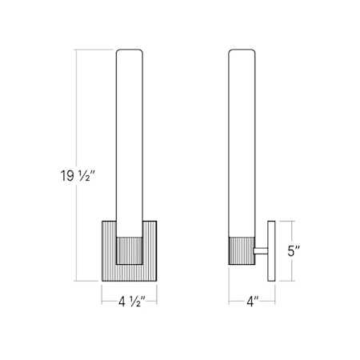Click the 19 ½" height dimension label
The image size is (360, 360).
[78, 176]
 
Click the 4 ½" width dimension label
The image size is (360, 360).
[131, 302]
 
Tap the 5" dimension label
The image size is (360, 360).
[294, 251]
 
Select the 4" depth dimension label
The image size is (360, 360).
[253, 302]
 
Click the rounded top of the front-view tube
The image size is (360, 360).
[130, 50]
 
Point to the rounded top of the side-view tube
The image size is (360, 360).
[242, 50]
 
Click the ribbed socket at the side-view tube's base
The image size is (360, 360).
[242, 250]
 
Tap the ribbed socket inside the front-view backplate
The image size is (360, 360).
[130, 250]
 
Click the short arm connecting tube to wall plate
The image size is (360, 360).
[262, 251]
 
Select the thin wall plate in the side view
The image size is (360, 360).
[271, 251]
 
